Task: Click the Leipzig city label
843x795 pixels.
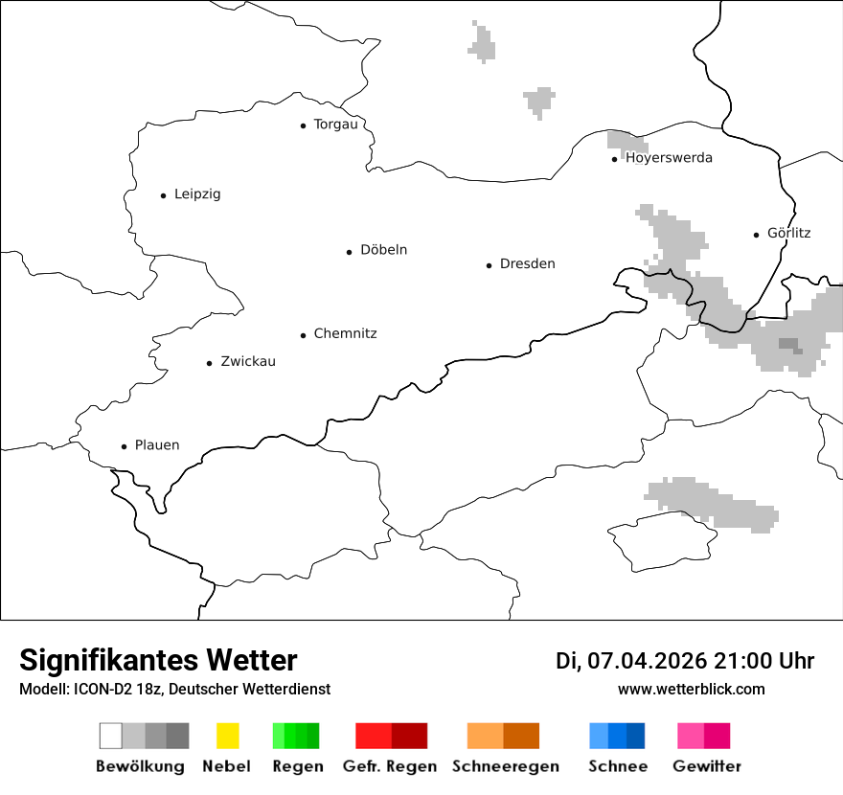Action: [x=197, y=194]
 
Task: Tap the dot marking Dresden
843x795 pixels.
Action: [x=489, y=265]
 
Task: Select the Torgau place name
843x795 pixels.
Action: [x=335, y=125]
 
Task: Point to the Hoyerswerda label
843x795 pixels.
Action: [x=669, y=158]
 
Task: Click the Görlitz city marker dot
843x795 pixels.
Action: [x=757, y=235]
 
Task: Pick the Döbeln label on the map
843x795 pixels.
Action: [x=383, y=250]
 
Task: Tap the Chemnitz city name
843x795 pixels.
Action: [x=345, y=333]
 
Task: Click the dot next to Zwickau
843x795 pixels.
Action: [x=209, y=363]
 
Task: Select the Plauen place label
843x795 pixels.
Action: [x=157, y=445]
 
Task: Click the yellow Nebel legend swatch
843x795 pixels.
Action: [x=227, y=736]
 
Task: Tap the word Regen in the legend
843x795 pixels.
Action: [x=297, y=766]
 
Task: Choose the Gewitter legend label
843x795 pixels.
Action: [x=706, y=766]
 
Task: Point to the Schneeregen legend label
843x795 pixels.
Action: [x=505, y=766]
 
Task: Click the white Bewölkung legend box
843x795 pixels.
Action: [x=110, y=736]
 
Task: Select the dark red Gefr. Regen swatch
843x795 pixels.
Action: [x=409, y=736]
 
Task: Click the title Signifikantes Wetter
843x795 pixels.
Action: [x=158, y=661]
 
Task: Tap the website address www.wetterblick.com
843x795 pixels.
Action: [x=691, y=689]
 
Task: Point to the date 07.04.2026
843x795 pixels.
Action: [x=647, y=661]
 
